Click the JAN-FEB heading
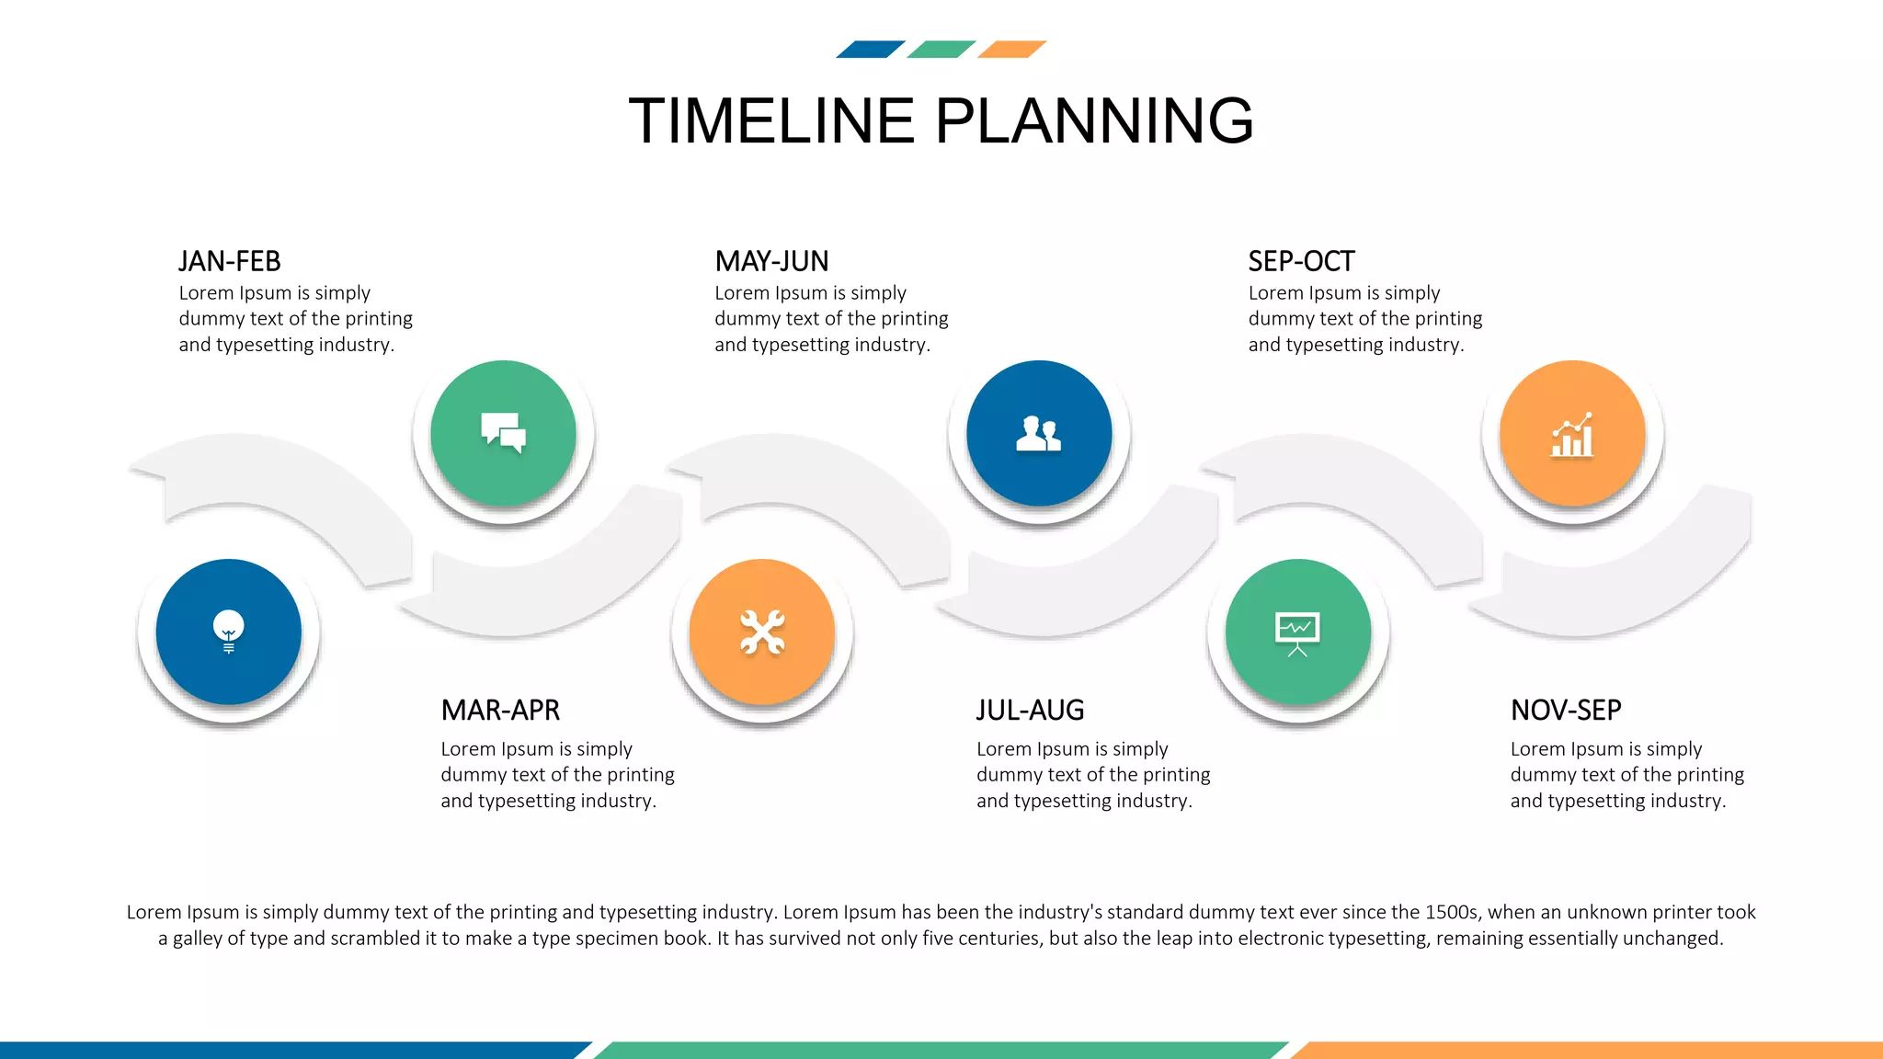[230, 262]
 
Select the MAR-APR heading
[500, 711]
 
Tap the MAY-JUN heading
[771, 262]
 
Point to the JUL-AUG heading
[1030, 711]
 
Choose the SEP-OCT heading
[1301, 262]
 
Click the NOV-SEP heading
[1566, 711]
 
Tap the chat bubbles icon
[504, 432]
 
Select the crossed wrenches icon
[762, 632]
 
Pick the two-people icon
[1039, 434]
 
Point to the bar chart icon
[1572, 435]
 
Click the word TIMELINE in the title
[771, 121]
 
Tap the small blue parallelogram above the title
[870, 50]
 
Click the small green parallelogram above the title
[941, 50]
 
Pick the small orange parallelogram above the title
[1011, 50]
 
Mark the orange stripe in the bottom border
[1591, 1050]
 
